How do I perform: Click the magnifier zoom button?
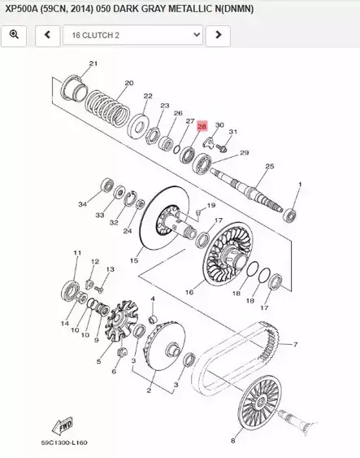(15, 35)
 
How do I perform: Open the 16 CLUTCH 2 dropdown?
(133, 35)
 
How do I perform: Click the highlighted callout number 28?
(202, 126)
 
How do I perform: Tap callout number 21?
(92, 63)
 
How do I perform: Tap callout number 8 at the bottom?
(234, 441)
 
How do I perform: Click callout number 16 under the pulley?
(189, 291)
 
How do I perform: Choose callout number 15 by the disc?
(134, 260)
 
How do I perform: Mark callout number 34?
(82, 204)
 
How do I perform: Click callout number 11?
(77, 253)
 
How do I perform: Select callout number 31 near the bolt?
(232, 132)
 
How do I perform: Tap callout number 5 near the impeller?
(98, 361)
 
